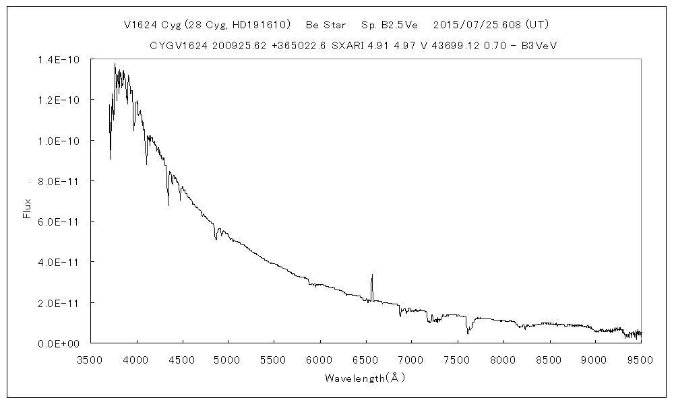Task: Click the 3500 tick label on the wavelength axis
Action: click(91, 359)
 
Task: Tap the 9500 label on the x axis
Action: click(640, 359)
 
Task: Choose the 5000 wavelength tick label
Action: click(228, 359)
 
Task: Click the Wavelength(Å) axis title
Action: click(365, 378)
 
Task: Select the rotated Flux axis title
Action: click(28, 208)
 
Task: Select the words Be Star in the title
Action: click(326, 25)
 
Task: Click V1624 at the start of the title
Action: click(140, 25)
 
